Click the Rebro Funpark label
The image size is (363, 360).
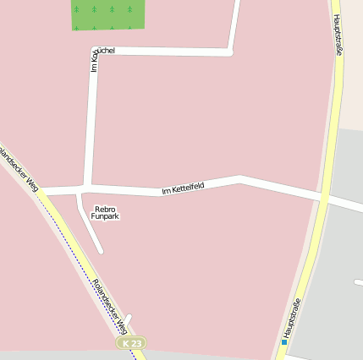point(105,212)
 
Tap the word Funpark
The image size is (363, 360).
point(105,216)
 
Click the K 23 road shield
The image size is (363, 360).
point(131,344)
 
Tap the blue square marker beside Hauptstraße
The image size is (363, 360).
point(284,342)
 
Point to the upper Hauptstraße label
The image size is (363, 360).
point(338,35)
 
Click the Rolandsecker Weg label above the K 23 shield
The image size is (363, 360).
point(110,305)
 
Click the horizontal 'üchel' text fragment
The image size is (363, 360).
point(107,51)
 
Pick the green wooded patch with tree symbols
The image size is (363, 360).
point(107,14)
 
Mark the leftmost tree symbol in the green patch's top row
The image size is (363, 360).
point(76,8)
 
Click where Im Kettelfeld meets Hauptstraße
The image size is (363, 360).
point(322,198)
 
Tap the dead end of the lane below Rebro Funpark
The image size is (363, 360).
point(101,250)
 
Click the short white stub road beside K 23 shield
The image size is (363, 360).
point(128,319)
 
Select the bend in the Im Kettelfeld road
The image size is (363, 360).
point(240,178)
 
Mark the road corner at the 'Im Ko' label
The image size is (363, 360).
point(92,52)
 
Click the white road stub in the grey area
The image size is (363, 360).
point(359,281)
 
